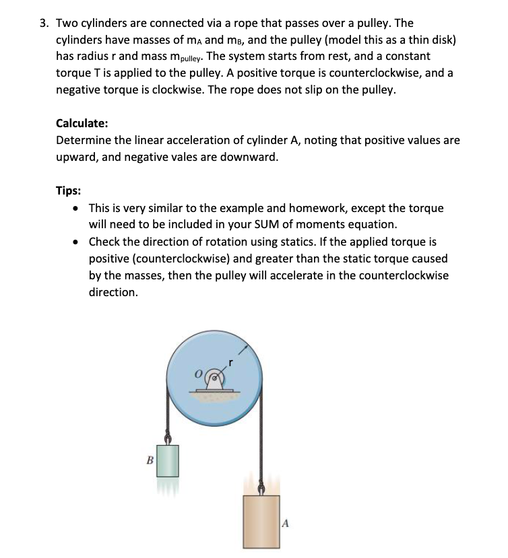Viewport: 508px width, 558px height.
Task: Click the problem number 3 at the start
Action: pos(42,22)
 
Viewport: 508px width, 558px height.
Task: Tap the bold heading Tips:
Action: pos(69,190)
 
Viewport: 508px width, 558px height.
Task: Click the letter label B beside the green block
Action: pos(149,460)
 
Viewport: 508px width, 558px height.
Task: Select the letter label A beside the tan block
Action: pos(286,522)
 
